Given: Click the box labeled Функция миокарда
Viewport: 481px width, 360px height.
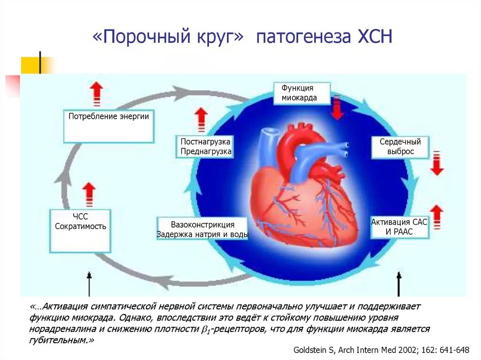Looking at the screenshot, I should [x=302, y=93].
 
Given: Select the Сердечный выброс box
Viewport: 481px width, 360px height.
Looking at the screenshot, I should [x=400, y=146].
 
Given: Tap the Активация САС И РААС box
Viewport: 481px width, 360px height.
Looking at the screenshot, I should [x=399, y=227].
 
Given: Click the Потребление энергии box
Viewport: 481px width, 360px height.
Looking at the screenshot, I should [x=109, y=126].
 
